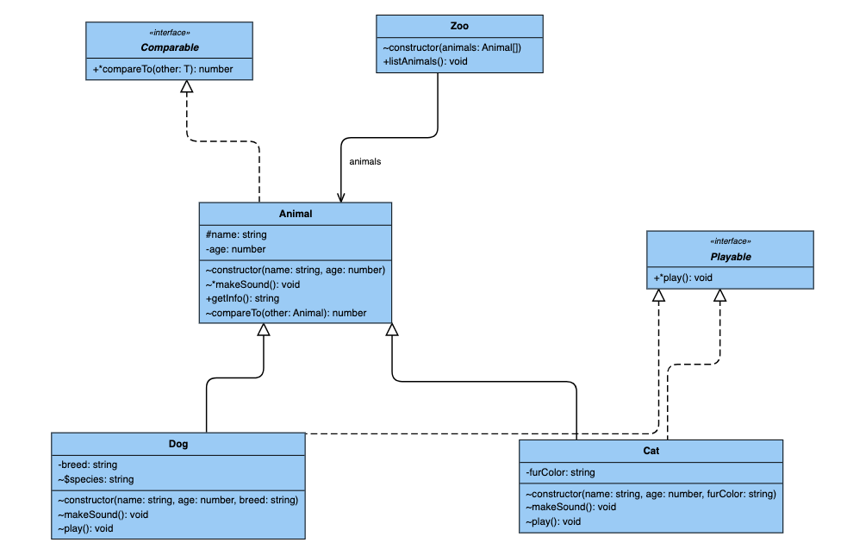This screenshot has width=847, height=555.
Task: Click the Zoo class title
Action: coord(459,26)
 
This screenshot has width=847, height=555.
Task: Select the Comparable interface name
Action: coord(170,47)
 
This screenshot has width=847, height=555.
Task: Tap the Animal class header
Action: coord(296,214)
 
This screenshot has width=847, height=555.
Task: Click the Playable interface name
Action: coord(731,257)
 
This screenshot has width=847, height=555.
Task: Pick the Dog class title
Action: coord(178,444)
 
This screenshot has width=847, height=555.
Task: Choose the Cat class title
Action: coord(651,451)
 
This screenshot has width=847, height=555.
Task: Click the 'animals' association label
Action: coord(365,161)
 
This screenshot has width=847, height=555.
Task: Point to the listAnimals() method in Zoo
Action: coord(425,61)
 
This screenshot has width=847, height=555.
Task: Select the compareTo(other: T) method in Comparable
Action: coord(163,69)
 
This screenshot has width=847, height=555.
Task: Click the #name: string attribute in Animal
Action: coord(236,234)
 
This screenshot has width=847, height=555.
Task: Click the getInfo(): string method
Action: coord(242,298)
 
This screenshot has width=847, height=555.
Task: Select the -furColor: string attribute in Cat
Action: coord(560,472)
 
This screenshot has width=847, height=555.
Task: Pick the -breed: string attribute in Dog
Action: coord(88,465)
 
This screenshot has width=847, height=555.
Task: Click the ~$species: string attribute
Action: coord(96,479)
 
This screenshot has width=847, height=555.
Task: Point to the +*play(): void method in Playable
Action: coord(682,277)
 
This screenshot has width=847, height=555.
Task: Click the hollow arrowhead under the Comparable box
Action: coord(187,86)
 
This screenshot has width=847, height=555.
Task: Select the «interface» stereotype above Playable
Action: coord(731,241)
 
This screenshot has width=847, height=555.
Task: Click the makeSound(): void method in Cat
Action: coord(571,507)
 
